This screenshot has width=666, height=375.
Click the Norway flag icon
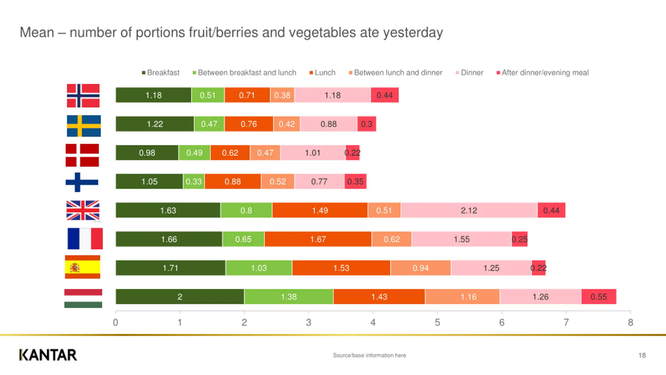pyautogui.click(x=83, y=96)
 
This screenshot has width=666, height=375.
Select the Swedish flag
pyautogui.click(x=84, y=126)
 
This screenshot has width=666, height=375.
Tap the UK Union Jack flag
pyautogui.click(x=83, y=210)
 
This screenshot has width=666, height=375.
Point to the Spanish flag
pyautogui.click(x=82, y=267)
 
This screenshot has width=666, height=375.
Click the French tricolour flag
pyautogui.click(x=85, y=239)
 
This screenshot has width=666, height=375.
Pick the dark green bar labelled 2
pyautogui.click(x=180, y=297)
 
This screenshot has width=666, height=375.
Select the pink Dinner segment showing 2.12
pyautogui.click(x=469, y=210)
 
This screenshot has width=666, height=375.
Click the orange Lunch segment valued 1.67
pyautogui.click(x=318, y=239)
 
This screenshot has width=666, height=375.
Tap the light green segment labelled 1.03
pyautogui.click(x=259, y=268)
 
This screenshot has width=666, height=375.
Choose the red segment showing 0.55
pyautogui.click(x=599, y=297)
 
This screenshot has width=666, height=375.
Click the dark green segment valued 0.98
pyautogui.click(x=147, y=153)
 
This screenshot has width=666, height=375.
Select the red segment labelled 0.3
pyautogui.click(x=367, y=124)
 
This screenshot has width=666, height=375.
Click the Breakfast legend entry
pyautogui.click(x=161, y=73)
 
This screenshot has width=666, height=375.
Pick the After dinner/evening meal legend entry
pyautogui.click(x=543, y=73)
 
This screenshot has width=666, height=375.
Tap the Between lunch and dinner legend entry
pyautogui.click(x=395, y=73)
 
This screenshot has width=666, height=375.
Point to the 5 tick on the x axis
pyautogui.click(x=437, y=322)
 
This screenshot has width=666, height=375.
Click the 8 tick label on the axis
pyautogui.click(x=630, y=322)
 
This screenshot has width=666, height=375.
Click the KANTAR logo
pyautogui.click(x=48, y=355)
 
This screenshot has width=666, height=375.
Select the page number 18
pyautogui.click(x=642, y=355)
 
